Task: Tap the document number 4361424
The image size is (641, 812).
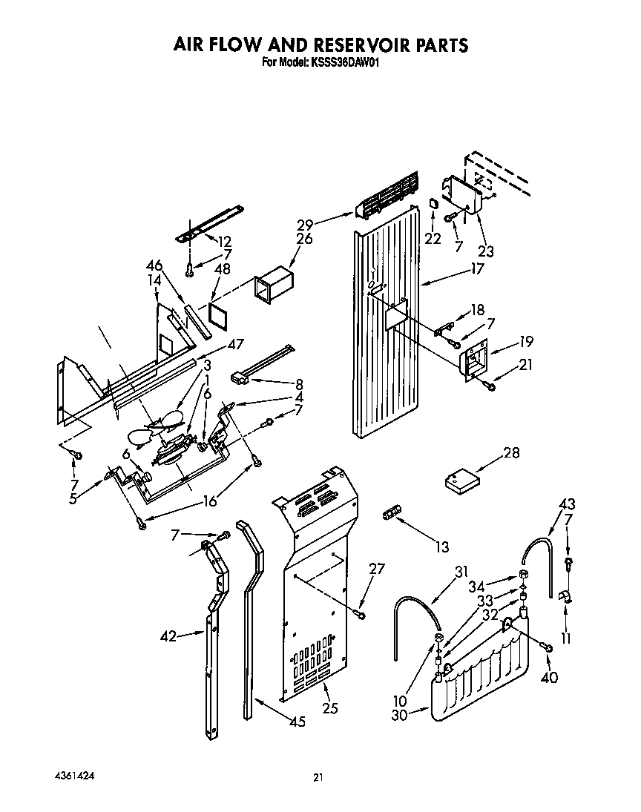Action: tap(73, 776)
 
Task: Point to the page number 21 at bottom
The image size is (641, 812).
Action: tap(318, 777)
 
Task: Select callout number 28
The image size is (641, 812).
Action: tap(490, 453)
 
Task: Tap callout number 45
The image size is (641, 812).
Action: tap(296, 721)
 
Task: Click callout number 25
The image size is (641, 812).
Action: tap(330, 709)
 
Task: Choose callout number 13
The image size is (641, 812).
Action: tap(442, 548)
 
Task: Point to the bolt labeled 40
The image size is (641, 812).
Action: tap(548, 648)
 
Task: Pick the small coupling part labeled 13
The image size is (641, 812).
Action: tap(391, 513)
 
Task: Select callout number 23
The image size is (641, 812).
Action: tap(486, 251)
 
